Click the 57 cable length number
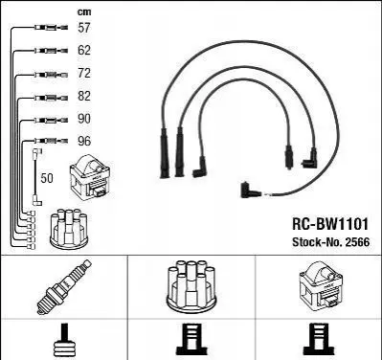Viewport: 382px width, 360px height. (84, 28)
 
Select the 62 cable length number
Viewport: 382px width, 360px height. (84, 50)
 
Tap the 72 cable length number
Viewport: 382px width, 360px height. (84, 73)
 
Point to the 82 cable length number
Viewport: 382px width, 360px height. (84, 96)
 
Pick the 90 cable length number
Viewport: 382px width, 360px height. (84, 119)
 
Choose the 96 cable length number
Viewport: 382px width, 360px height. (84, 141)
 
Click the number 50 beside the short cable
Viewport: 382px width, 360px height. (47, 178)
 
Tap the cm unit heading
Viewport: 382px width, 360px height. (84, 12)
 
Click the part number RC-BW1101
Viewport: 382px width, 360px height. (330, 224)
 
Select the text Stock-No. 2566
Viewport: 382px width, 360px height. (331, 242)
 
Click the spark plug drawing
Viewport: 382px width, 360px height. (64, 286)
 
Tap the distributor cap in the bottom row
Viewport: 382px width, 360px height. (191, 286)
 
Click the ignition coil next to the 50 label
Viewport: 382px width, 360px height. (90, 177)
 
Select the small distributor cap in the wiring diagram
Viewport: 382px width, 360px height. (69, 229)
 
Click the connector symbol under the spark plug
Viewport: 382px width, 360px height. (65, 341)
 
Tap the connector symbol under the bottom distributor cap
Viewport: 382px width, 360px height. (192, 341)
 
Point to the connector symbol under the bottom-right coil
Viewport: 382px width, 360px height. (320, 341)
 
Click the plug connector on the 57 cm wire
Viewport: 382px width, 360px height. (51, 28)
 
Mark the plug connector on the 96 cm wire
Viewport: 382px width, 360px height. (51, 141)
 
